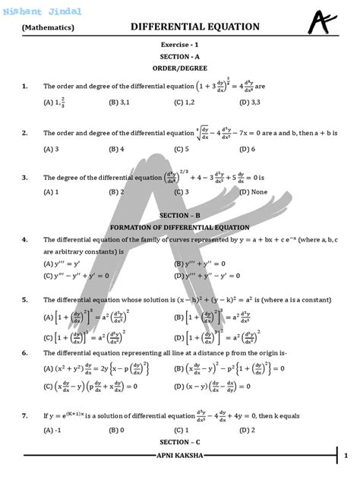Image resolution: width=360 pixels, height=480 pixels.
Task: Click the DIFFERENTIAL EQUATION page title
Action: [x=195, y=27]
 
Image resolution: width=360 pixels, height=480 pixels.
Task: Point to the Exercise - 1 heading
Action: [x=180, y=46]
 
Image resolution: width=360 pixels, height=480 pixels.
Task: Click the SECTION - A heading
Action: [x=180, y=57]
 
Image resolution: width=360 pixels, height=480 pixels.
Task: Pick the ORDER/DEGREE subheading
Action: [x=180, y=68]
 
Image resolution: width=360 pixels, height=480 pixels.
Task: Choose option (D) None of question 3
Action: [x=254, y=192]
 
